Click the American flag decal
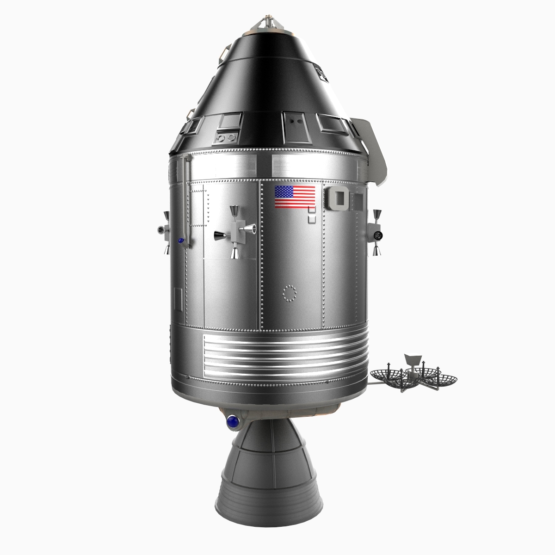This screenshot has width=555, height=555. [295, 197]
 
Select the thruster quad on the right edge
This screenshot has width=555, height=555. [377, 231]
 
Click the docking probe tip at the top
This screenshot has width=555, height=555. [268, 21]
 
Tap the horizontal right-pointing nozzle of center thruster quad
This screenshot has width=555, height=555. [250, 228]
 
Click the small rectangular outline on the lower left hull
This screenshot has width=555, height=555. [178, 299]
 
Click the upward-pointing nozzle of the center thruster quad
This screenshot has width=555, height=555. [234, 212]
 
